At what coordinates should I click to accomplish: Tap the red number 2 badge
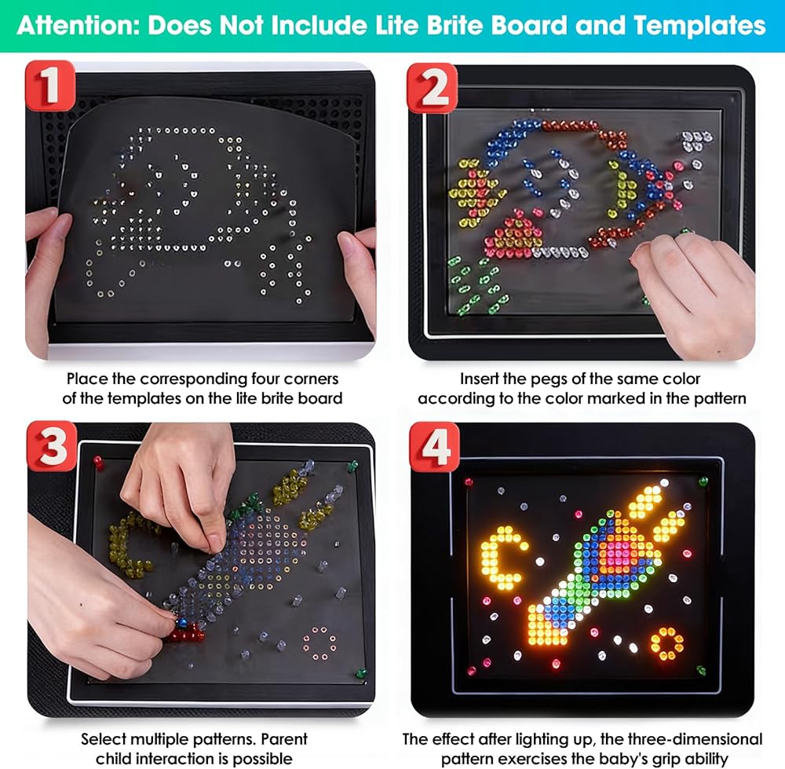432,88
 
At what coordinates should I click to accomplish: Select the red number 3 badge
52,446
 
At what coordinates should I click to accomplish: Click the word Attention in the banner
78,26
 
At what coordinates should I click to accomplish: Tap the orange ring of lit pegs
666,643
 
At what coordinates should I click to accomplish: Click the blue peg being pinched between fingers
182,623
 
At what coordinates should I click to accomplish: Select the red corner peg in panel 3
98,462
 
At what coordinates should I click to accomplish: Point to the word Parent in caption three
284,739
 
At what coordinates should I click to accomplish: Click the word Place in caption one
87,379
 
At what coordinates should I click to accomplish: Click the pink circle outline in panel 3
319,643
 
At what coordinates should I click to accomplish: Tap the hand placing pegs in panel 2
696,291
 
